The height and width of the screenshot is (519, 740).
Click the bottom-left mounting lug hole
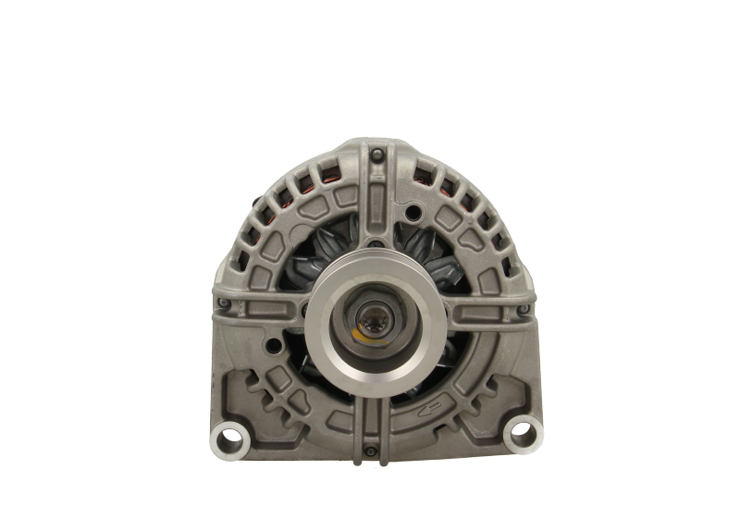tap(222, 431)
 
